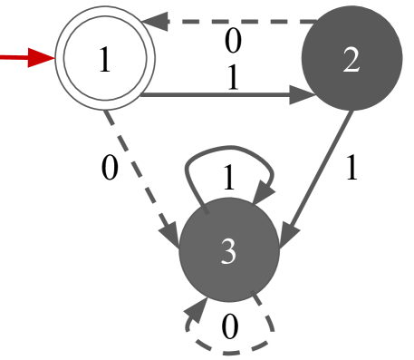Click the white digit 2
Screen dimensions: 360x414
tap(351, 60)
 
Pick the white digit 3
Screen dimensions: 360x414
tap(228, 252)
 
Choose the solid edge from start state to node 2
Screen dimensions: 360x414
tap(217, 94)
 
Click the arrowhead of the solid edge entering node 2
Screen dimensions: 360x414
tap(302, 94)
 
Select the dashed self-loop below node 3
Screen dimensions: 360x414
tap(231, 352)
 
